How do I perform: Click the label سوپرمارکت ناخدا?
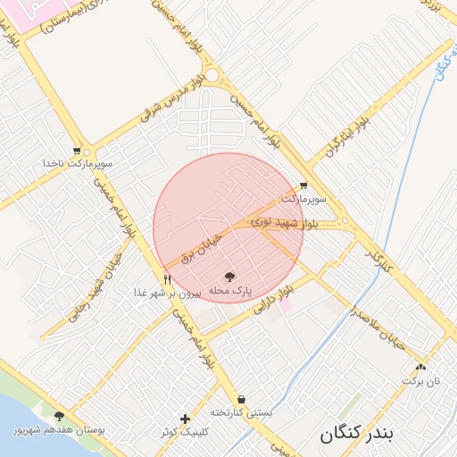tap(79, 165)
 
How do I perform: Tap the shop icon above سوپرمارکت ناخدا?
tap(77, 152)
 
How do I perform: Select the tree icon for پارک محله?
tap(228, 278)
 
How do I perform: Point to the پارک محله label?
tap(231, 292)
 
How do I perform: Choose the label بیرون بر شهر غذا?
tap(169, 293)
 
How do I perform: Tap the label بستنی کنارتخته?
tap(241, 412)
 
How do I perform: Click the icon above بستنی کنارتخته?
tap(241, 399)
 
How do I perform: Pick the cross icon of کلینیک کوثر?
tap(185, 419)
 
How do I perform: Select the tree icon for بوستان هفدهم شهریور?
tap(59, 417)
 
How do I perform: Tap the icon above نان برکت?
tap(421, 366)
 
